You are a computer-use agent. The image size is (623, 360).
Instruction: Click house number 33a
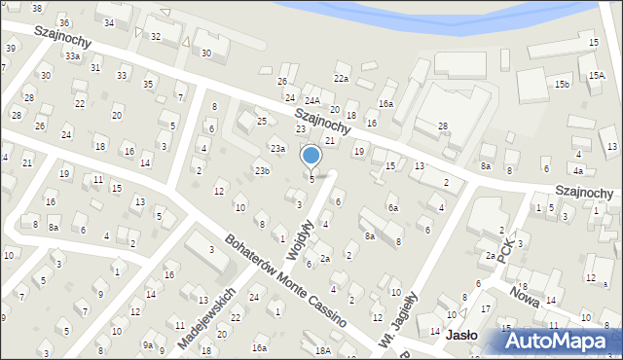coord(73,56)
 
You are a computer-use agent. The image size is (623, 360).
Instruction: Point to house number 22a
coord(341,78)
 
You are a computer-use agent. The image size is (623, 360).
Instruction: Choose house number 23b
coord(262,171)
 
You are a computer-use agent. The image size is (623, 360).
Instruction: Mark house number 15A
coord(597,75)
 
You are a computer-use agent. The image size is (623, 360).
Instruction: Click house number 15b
coord(562,85)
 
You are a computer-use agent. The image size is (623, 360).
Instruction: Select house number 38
coord(37,8)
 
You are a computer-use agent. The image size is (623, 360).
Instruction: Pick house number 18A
coord(322,349)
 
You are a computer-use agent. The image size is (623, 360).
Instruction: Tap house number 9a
coord(148,344)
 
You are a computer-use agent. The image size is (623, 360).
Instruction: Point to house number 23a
coord(277,149)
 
